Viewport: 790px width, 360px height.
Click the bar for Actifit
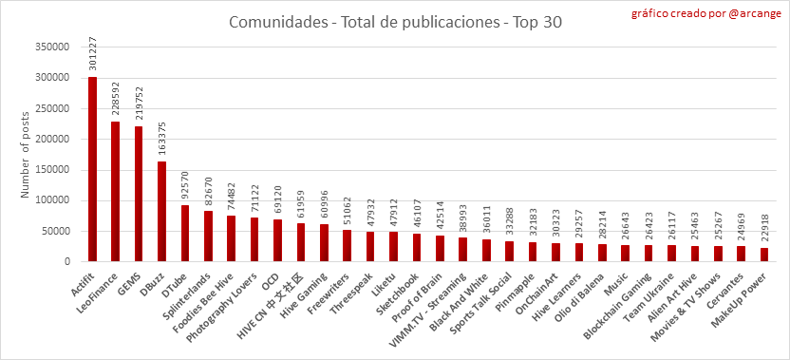point(92,169)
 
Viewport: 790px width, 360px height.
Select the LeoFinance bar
point(116,192)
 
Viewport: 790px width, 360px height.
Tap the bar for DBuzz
point(161,212)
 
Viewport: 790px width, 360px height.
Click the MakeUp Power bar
point(764,255)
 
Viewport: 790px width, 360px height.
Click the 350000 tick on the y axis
point(52,47)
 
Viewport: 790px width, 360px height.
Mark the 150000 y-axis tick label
point(52,170)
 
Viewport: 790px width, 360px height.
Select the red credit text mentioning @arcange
point(706,13)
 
